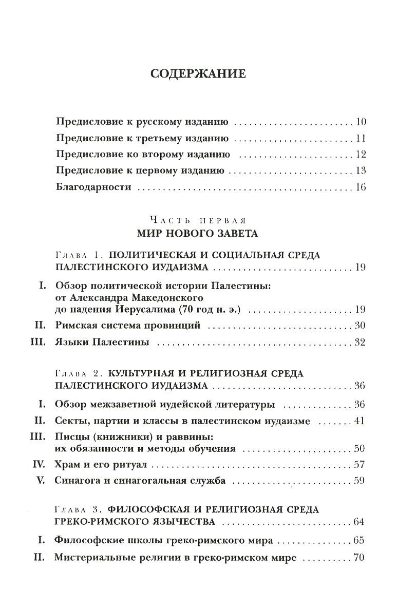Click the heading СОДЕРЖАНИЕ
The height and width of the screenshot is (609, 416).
click(x=198, y=74)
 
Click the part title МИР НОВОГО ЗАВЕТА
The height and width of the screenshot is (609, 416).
click(x=197, y=234)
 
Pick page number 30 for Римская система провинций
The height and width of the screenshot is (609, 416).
click(x=359, y=326)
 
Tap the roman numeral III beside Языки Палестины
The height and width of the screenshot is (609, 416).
click(x=40, y=342)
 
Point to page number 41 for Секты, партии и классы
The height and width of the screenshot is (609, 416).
click(x=359, y=422)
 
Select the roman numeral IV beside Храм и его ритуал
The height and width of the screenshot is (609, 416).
click(x=41, y=465)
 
